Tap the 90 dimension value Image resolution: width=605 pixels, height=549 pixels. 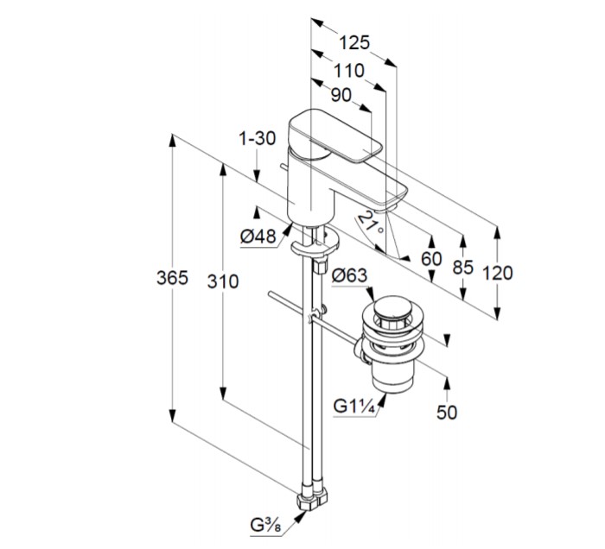341,96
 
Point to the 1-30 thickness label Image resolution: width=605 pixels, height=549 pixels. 257,139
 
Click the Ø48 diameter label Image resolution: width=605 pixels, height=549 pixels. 258,235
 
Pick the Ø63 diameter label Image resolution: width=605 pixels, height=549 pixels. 349,275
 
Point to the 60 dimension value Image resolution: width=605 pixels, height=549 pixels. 430,258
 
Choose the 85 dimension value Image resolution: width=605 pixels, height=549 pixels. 463,267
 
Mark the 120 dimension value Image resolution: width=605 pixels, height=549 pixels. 498,273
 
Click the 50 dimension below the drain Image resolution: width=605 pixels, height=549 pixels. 447,412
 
